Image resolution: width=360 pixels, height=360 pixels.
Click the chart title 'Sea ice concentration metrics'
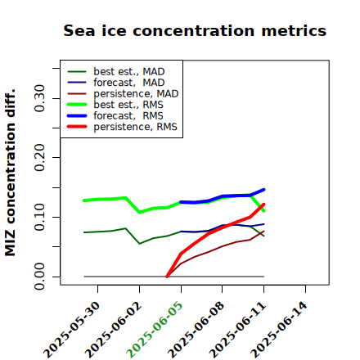(195, 31)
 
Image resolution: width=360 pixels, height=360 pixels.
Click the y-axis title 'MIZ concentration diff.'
(10, 173)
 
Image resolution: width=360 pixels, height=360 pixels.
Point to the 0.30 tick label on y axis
(40, 98)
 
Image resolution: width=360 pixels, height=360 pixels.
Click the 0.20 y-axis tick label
(40, 157)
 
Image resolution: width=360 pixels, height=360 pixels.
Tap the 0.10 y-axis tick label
(40, 217)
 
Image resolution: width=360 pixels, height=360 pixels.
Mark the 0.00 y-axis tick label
(40, 277)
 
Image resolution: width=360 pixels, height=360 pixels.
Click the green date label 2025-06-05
(155, 330)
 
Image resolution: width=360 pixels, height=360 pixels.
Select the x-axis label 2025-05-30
(71, 330)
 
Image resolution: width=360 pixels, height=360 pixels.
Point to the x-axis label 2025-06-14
(279, 330)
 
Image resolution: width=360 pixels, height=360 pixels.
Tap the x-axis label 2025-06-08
(196, 330)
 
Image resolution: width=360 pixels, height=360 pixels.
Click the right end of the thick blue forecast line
(264, 190)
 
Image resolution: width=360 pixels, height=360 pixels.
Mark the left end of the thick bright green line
(84, 200)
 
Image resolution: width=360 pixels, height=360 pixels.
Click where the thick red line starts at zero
(167, 277)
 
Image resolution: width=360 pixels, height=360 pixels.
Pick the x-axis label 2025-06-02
(113, 330)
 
